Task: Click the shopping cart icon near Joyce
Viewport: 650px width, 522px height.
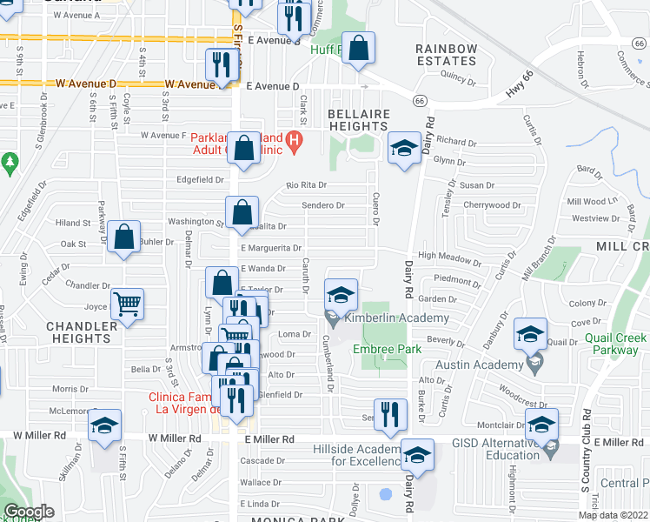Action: pos(128,305)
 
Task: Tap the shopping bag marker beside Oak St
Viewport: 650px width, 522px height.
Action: pos(124,238)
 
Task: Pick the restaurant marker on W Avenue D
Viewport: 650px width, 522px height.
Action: pos(222,65)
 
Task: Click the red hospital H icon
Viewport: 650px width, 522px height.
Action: pos(294,139)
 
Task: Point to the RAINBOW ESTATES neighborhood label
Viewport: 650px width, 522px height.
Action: pos(446,55)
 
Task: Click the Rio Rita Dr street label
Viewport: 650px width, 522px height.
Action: pos(307,184)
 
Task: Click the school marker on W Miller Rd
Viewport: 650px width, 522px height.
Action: pos(104,425)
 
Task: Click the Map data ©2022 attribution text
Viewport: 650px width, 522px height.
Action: pos(613,515)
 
